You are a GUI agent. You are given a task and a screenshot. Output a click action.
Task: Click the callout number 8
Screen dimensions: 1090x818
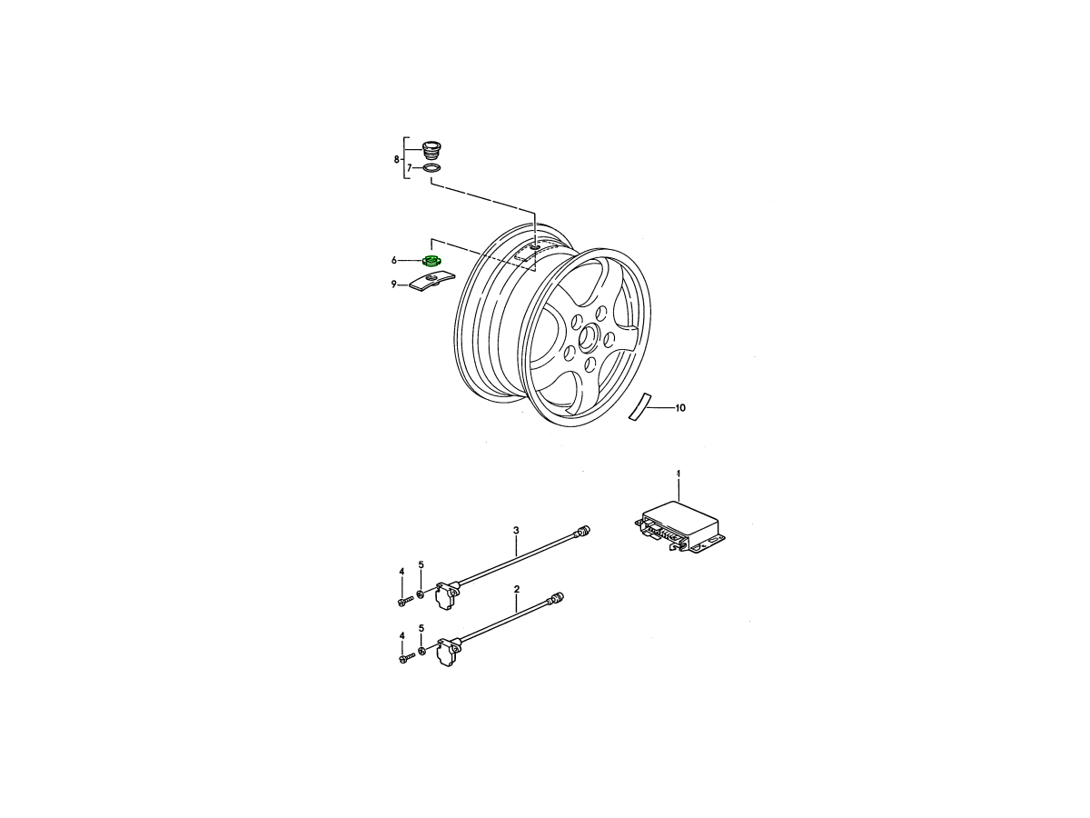tap(396, 159)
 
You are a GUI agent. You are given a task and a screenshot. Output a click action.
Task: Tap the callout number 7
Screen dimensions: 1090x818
tap(410, 168)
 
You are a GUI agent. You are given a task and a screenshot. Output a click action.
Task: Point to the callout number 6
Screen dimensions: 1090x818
tap(394, 260)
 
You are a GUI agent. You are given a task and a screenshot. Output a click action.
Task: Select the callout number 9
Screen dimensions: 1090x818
tap(394, 284)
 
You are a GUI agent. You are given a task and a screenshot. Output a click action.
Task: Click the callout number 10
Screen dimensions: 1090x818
tap(680, 408)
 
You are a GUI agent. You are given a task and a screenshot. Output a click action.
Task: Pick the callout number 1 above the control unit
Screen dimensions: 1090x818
tap(679, 474)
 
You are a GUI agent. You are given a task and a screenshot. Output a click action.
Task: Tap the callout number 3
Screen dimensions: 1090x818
tap(516, 531)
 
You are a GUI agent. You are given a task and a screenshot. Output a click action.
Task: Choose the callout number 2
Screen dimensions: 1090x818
tap(517, 589)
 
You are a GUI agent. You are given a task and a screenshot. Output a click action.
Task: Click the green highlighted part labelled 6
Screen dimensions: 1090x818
tap(431, 260)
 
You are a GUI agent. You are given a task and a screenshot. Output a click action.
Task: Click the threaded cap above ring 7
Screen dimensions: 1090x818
tap(431, 149)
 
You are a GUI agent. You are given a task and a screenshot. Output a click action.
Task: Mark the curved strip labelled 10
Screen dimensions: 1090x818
tap(640, 405)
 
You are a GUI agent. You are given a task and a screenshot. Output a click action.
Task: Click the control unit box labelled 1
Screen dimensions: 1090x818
tap(679, 527)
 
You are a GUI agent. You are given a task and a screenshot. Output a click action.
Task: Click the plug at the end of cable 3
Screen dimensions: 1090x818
tap(582, 532)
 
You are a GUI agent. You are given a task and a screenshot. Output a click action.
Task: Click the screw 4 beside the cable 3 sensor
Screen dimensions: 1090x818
tap(406, 602)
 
